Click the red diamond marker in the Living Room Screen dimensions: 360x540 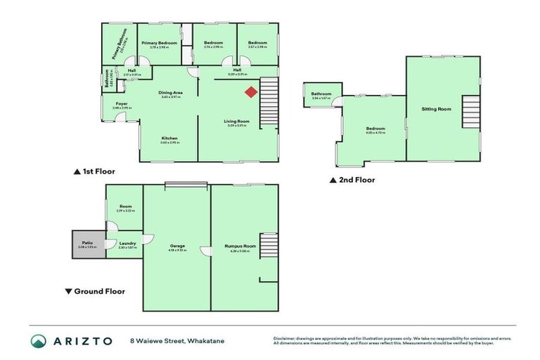251,91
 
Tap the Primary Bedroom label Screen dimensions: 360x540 158,43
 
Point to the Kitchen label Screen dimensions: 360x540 169,138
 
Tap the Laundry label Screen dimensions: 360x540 127,243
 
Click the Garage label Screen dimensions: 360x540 176,245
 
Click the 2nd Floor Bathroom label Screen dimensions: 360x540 321,94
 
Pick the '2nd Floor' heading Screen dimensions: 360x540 356,179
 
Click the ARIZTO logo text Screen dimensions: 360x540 82,340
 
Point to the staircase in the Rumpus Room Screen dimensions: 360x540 268,245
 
